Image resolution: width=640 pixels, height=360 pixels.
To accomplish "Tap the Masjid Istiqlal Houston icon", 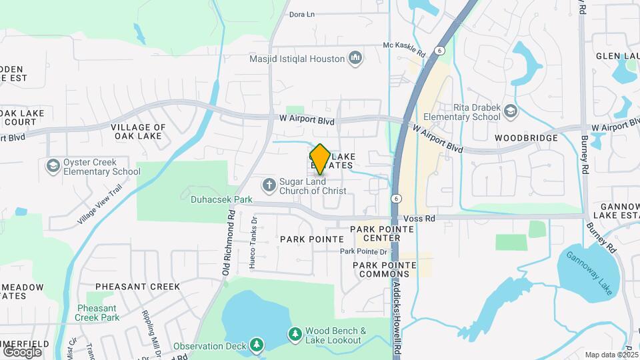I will click(355, 59).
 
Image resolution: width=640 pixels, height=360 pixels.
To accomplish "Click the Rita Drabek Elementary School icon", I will click(511, 111).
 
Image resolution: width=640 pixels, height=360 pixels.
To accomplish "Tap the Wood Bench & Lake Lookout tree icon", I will click(294, 333).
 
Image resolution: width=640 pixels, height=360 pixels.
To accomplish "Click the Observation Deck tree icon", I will click(256, 345).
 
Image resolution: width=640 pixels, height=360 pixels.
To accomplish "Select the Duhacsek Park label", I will click(212, 199).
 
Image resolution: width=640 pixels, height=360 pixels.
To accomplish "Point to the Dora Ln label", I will click(301, 14).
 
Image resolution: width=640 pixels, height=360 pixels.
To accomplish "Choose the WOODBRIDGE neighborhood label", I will click(527, 138).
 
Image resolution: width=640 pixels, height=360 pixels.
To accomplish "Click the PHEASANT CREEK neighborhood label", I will click(137, 287).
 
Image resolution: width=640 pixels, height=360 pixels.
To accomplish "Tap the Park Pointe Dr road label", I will click(363, 251).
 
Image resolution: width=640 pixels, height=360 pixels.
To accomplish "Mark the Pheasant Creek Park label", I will click(97, 313).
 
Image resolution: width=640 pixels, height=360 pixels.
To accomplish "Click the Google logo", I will click(22, 351).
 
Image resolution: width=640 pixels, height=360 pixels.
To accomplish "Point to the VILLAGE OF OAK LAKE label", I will click(138, 131).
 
